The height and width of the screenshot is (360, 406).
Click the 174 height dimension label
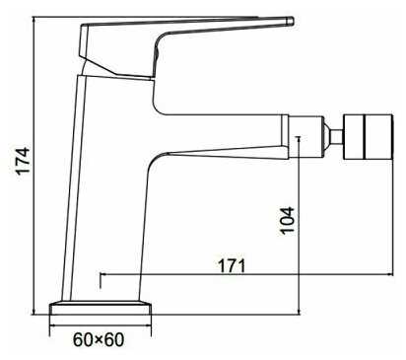click(x=24, y=161)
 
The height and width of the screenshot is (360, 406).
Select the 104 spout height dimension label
click(x=287, y=220)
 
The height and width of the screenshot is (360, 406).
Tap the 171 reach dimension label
click(x=233, y=266)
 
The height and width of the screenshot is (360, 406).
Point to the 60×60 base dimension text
click(x=99, y=339)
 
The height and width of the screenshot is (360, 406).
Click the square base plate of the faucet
click(x=101, y=308)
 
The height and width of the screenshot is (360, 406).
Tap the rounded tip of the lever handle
click(x=290, y=21)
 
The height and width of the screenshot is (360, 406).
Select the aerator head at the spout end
click(x=368, y=137)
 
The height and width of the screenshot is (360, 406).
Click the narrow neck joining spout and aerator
click(x=336, y=137)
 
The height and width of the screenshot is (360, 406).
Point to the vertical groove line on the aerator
click(x=364, y=137)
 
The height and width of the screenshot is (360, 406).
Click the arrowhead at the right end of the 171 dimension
click(x=390, y=274)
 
